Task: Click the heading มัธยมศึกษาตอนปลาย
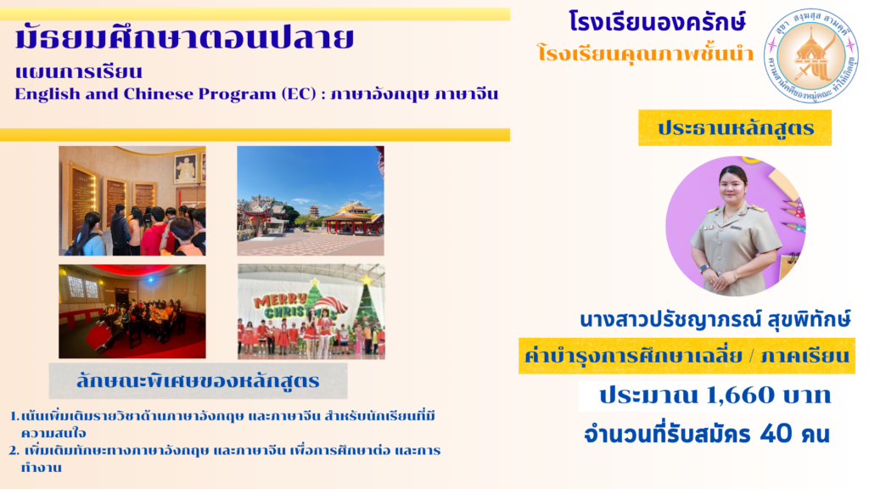(x=184, y=38)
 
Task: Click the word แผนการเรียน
(x=79, y=72)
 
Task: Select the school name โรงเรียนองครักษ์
(x=658, y=22)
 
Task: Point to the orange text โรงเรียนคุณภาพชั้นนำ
(x=646, y=53)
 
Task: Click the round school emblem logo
(x=810, y=55)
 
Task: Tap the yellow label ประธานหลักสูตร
(x=735, y=128)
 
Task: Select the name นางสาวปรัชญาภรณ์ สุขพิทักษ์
(x=715, y=320)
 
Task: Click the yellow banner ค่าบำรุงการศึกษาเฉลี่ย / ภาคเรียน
(x=687, y=356)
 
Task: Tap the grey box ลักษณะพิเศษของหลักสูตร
(x=198, y=381)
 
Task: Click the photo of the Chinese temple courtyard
(x=311, y=200)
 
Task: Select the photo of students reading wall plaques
(x=132, y=200)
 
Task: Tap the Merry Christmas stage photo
(x=311, y=311)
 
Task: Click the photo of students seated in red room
(x=132, y=311)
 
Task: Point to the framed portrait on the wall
(x=185, y=168)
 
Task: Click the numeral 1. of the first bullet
(x=14, y=416)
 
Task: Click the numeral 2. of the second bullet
(x=14, y=450)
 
